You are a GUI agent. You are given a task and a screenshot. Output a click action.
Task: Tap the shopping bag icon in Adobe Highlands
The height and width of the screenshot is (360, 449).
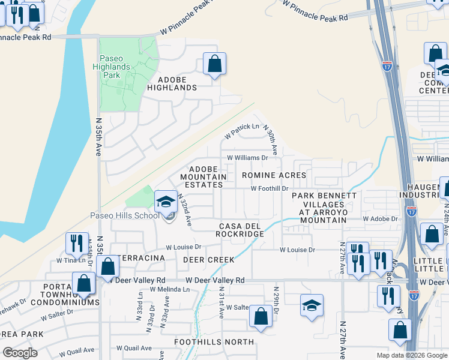[214, 64]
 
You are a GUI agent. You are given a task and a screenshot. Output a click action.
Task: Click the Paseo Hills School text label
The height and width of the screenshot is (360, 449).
[125, 216]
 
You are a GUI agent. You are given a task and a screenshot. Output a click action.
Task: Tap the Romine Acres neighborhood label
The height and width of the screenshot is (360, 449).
[274, 175]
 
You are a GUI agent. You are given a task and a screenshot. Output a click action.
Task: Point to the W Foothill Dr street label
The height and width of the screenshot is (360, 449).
[270, 188]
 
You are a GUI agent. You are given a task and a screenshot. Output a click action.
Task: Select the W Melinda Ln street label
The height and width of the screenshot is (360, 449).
[169, 289]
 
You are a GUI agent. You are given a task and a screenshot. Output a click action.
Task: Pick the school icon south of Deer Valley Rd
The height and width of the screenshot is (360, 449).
[312, 306]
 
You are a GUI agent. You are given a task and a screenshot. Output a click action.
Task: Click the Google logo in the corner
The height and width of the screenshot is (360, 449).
[20, 352]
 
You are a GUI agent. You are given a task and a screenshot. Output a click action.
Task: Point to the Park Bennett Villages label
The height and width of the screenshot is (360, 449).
[324, 208]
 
